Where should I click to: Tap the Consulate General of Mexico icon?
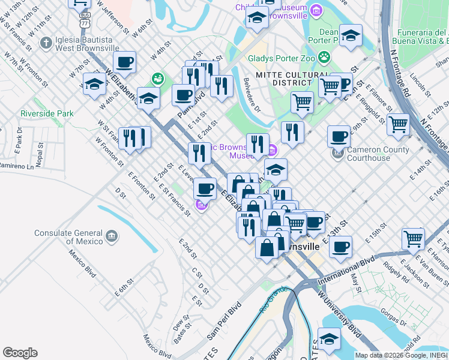click(x=111, y=236)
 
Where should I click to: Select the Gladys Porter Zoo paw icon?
click(x=324, y=58)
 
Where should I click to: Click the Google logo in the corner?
click(x=20, y=352)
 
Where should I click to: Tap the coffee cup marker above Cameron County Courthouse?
click(x=339, y=136)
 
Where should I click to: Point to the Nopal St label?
click(x=39, y=158)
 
